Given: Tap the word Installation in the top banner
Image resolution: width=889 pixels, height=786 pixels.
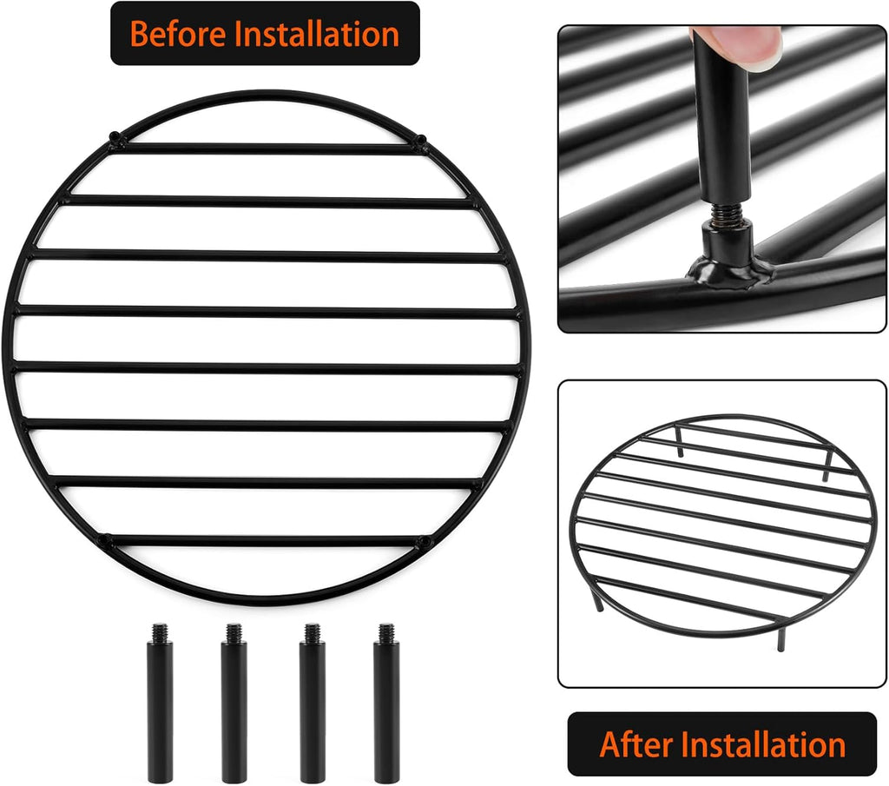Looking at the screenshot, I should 318,34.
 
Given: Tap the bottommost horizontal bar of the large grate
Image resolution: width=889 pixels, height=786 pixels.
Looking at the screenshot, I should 265,540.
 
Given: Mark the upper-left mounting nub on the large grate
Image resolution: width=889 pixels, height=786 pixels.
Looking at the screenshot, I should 115,136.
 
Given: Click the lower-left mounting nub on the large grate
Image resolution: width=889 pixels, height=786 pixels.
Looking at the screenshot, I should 104,541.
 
